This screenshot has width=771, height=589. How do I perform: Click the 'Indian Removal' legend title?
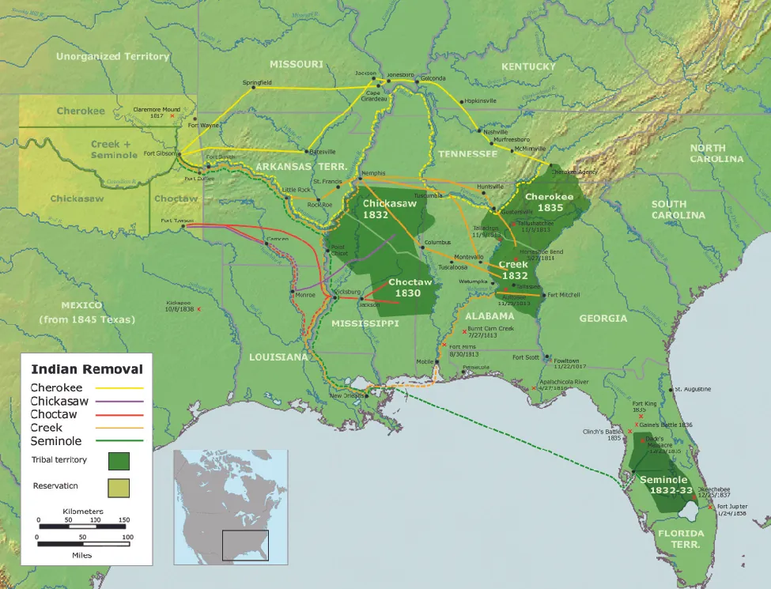coord(86,368)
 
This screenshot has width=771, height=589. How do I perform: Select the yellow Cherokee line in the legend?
coord(119,388)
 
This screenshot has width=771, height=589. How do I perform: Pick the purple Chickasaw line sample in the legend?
coord(119,402)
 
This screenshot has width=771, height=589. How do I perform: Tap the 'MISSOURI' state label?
coord(296,63)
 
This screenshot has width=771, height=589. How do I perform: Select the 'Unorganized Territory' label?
coord(113,56)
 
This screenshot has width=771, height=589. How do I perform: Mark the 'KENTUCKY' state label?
coord(529,66)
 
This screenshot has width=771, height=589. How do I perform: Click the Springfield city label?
coord(256,82)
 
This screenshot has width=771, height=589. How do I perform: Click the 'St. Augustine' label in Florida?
coord(692,389)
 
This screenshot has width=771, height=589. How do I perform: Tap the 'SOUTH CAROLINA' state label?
coord(678,210)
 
